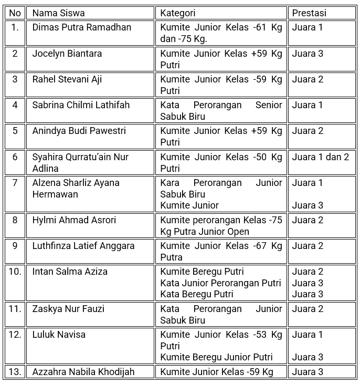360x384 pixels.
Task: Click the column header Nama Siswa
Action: pos(58,13)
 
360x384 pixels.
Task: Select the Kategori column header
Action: pos(177,13)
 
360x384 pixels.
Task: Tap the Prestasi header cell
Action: pos(309,13)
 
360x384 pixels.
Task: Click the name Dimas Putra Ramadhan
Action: pos(81,27)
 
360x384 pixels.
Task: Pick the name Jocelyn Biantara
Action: pos(67,54)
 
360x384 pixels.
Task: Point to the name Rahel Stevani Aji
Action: pos(67,79)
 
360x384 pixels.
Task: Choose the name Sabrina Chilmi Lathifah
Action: pos(80,105)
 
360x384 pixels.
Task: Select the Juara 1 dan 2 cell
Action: pos(320,157)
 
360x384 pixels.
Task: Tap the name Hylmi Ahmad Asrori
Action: pos(74,220)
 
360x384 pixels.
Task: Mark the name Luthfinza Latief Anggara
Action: pos(83,246)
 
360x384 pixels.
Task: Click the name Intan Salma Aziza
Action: pos(70,272)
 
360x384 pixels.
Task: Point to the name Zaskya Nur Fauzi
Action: pos(68,309)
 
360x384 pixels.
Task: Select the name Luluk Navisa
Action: pos(58,335)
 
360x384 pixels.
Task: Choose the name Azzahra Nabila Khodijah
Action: pos(83,372)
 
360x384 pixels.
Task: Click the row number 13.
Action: pos(15,372)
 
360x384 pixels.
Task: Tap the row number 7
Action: pos(15,183)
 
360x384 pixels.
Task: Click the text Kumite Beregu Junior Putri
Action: pos(216,357)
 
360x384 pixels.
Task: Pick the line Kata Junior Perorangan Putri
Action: pos(220,283)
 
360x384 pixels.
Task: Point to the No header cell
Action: pos(15,13)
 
